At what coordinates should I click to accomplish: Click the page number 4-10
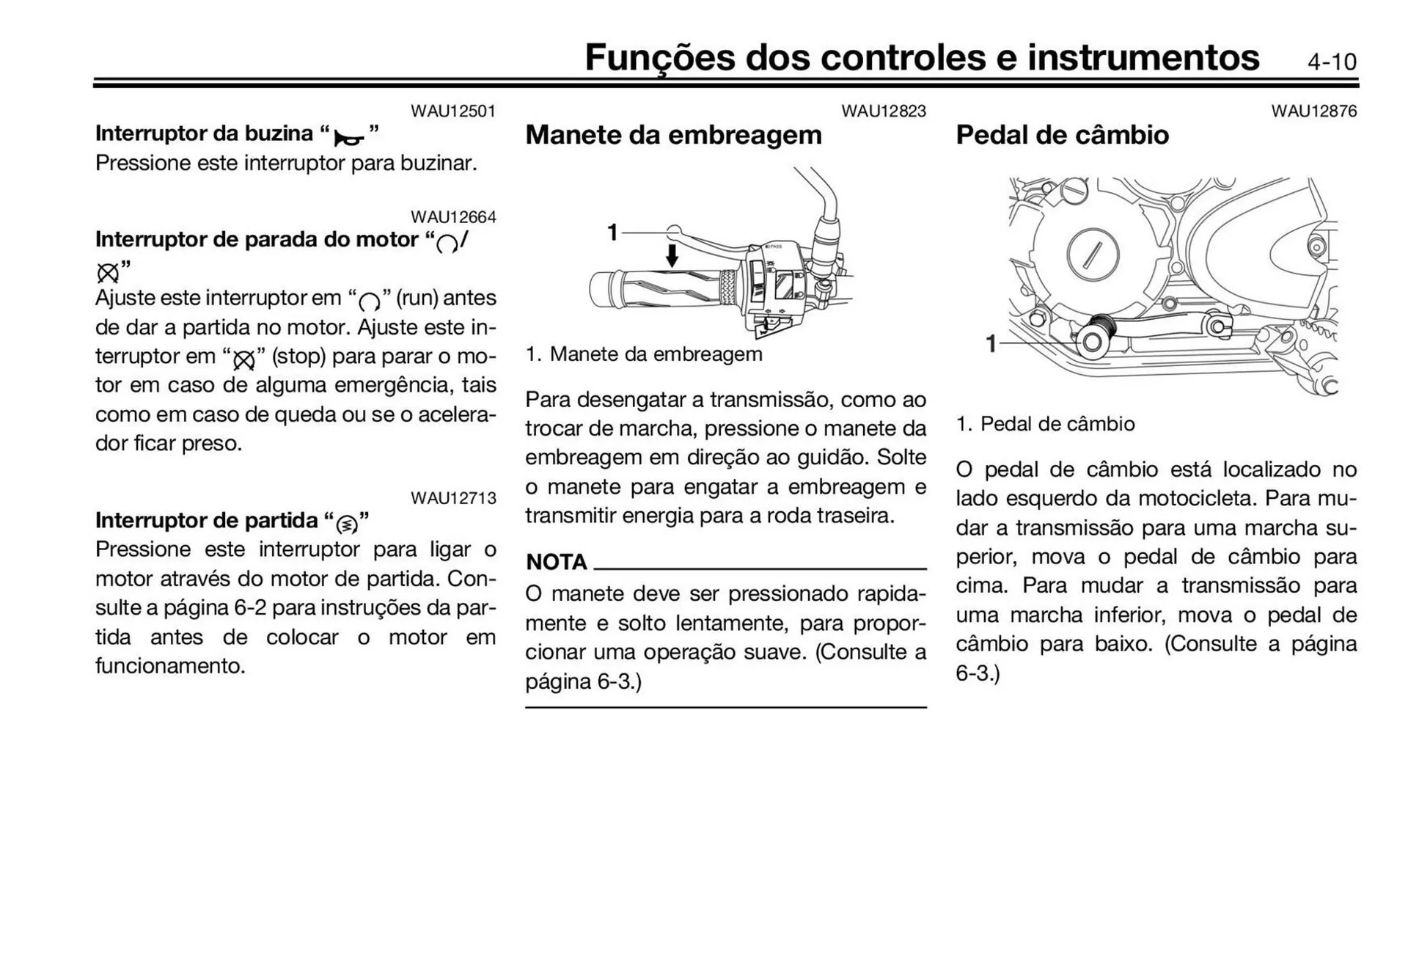[x=1331, y=62]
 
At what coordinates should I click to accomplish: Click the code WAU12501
[x=452, y=111]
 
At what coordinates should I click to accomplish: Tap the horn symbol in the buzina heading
[x=349, y=136]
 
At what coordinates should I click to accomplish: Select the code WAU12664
[x=452, y=217]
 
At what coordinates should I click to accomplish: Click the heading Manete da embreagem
[x=673, y=135]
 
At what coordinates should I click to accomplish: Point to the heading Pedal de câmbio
[x=1061, y=135]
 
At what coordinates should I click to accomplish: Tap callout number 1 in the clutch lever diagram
[x=612, y=233]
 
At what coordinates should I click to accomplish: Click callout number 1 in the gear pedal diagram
[x=991, y=343]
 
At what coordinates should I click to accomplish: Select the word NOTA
[x=557, y=563]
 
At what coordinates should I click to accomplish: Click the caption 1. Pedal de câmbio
[x=1045, y=424]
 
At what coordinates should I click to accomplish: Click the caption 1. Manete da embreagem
[x=643, y=354]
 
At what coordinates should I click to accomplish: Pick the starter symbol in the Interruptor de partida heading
[x=347, y=524]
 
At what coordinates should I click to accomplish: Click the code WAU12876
[x=1313, y=111]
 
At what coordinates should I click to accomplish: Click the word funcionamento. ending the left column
[x=170, y=666]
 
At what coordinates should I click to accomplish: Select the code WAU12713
[x=452, y=498]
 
